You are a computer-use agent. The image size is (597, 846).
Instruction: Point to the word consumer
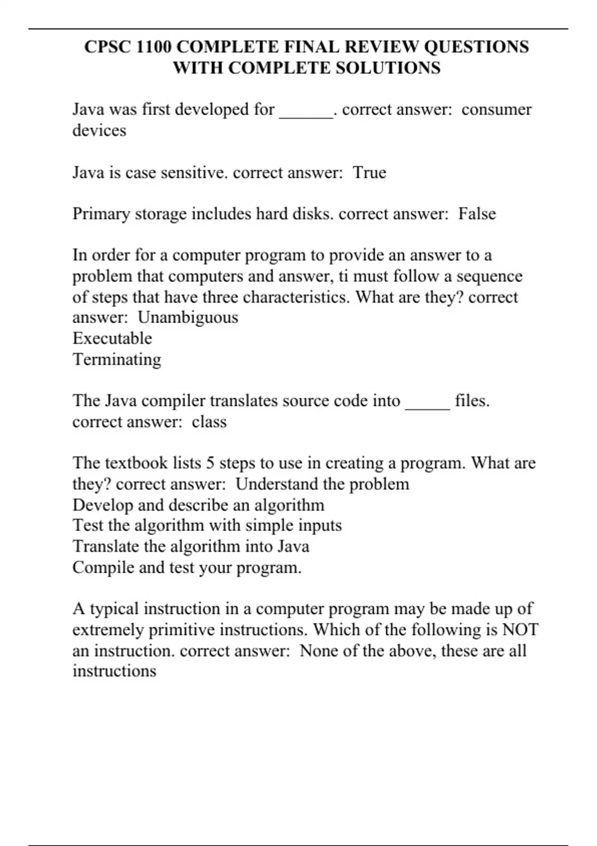[496, 109]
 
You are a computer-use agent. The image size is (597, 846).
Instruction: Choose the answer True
[370, 173]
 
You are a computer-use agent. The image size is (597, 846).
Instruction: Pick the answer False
[477, 214]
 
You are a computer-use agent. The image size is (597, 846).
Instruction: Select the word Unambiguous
[188, 317]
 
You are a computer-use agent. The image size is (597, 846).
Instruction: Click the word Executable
[112, 338]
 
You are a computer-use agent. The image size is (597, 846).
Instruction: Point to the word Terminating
[117, 359]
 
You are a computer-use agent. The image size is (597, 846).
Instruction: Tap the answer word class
[209, 422]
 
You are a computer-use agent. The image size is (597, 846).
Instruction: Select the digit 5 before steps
[210, 463]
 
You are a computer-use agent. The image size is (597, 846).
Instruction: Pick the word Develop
[102, 505]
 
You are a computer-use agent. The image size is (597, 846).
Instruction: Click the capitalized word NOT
[520, 630]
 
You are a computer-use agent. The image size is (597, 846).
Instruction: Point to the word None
[319, 651]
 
